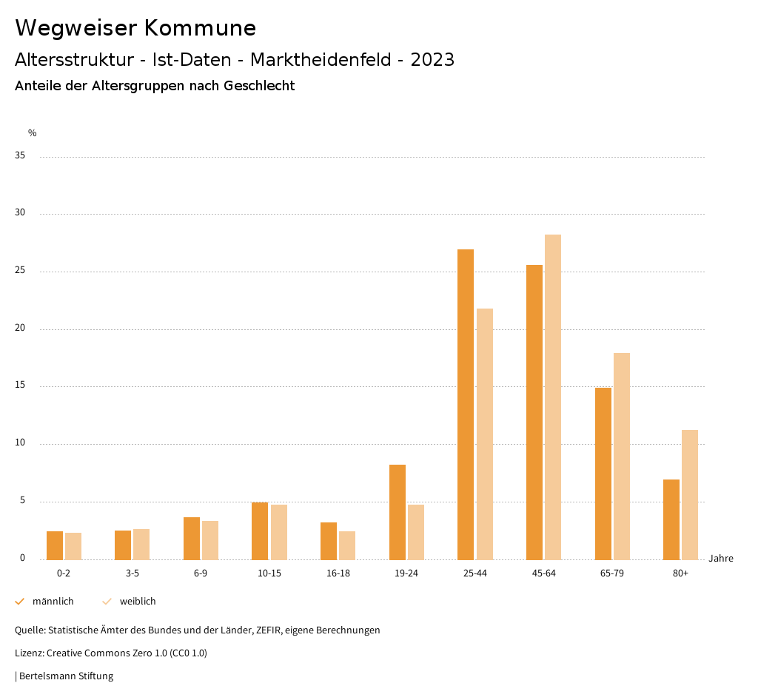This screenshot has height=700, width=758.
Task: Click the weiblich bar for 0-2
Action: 73,546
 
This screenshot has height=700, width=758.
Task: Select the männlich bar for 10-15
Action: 260,531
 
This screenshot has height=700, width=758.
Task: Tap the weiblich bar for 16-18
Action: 347,545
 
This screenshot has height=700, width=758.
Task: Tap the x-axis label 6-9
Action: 201,573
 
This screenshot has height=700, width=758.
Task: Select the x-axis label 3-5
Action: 133,573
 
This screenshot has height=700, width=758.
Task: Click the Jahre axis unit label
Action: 721,559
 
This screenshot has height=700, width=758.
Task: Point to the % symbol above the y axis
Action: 33,133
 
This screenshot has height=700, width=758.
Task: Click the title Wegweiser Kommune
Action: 135,28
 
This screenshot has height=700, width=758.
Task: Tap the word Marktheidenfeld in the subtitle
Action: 322,60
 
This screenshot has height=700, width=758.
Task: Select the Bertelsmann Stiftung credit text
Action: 66,676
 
